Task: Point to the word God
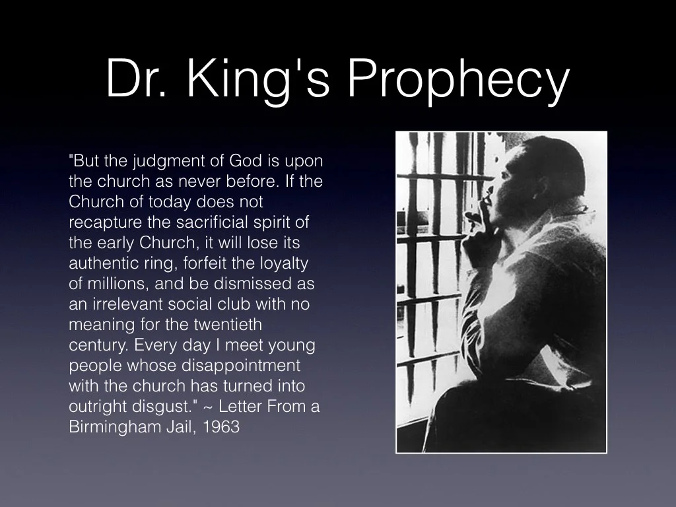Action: click(245, 161)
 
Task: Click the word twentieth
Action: click(228, 325)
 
